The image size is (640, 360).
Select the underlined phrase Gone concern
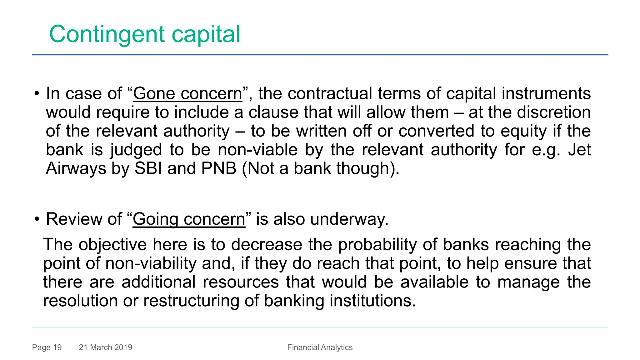coord(187,94)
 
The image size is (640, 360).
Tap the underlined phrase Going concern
coord(189,219)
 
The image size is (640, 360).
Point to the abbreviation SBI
coord(148,168)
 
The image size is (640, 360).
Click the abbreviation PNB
coord(219,168)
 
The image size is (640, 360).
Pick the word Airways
coord(76,169)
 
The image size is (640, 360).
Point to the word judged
coord(136,150)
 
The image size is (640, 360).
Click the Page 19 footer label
coord(47,347)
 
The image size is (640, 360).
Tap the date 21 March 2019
coord(106,347)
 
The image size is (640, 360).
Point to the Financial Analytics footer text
coord(320,347)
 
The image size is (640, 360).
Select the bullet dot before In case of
coord(37,94)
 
